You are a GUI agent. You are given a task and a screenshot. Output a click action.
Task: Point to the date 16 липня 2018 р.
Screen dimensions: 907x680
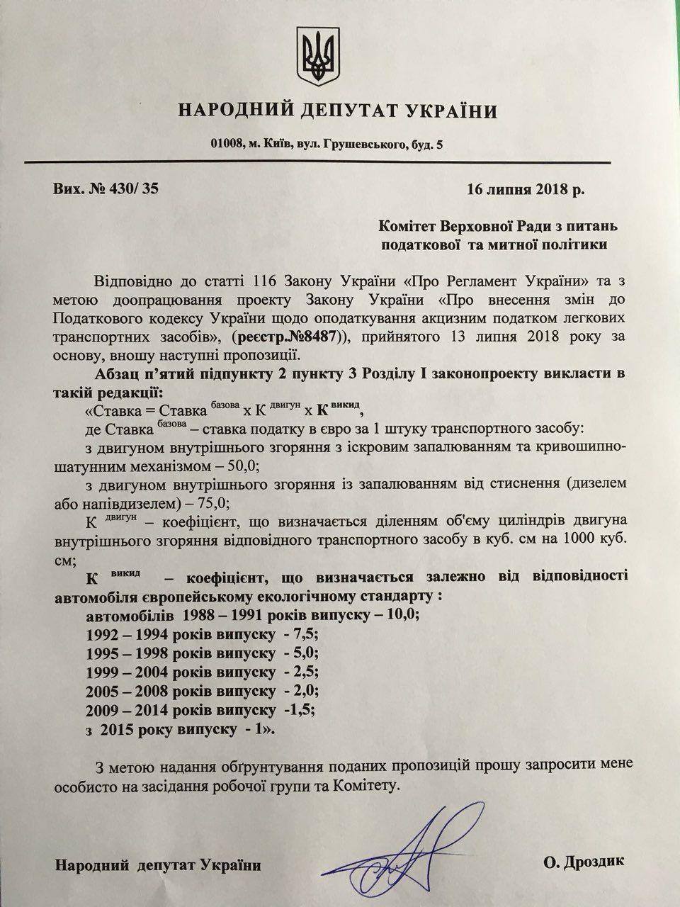coord(526,189)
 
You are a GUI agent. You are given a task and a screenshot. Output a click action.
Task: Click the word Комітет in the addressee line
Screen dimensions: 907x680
coord(413,227)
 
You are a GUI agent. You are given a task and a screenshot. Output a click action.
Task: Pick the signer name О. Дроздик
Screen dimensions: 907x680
coord(585,864)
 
